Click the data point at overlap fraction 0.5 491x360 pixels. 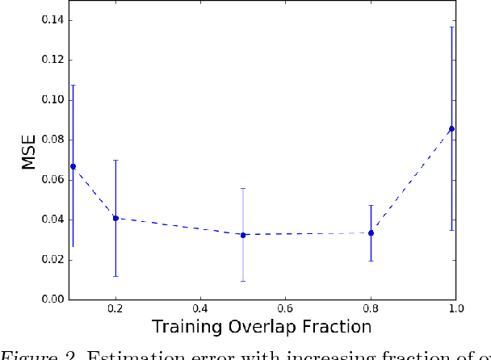[243, 235]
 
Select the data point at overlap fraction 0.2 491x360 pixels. [115, 218]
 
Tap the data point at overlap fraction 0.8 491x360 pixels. [371, 232]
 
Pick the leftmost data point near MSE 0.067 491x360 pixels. [73, 166]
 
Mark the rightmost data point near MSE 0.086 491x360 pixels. [451, 128]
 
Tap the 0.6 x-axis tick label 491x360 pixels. [285, 309]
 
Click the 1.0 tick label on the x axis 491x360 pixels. [455, 309]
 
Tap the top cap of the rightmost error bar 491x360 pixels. [451, 27]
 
